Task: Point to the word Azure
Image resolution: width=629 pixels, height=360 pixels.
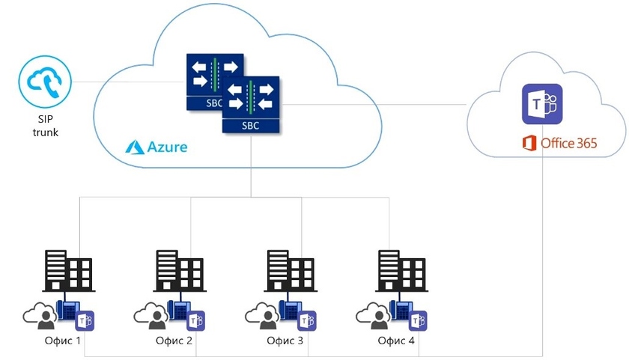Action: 166,147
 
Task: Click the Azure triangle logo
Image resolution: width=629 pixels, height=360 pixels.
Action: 135,146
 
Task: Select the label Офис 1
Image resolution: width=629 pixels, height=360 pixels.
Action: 64,341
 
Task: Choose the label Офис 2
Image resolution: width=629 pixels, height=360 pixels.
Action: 174,341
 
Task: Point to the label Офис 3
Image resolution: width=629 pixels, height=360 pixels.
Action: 285,341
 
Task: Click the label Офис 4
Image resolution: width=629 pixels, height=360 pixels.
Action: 396,341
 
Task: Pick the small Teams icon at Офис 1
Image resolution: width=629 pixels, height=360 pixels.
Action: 86,320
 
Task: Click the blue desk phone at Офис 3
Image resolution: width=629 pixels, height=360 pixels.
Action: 288,311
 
